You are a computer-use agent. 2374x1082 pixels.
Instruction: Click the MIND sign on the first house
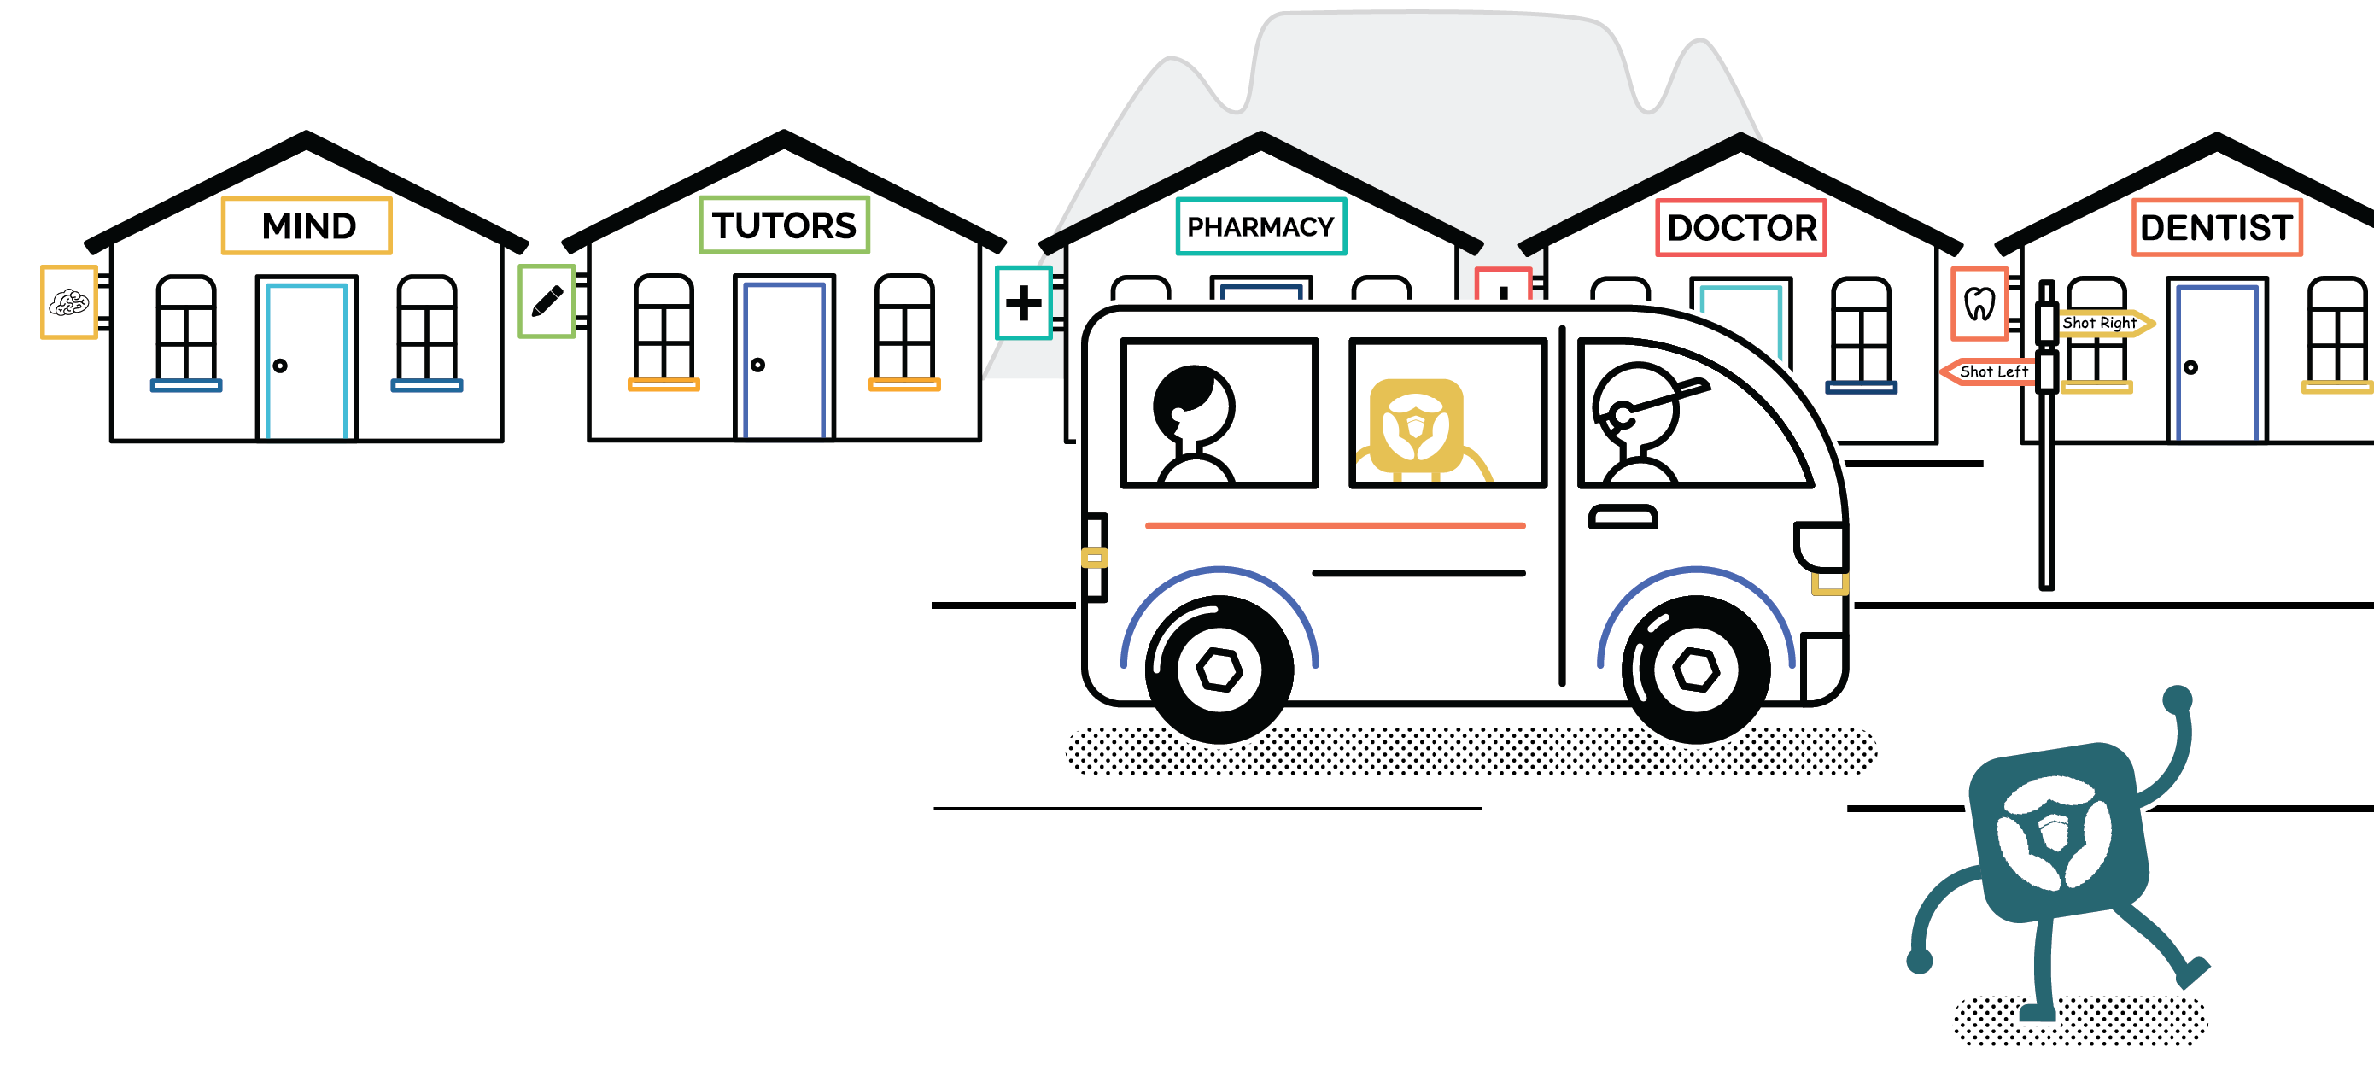(x=307, y=225)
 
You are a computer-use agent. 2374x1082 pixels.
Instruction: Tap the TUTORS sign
(x=783, y=225)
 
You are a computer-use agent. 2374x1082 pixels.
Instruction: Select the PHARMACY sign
(x=1260, y=226)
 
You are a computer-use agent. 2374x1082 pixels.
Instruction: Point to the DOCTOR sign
(x=1741, y=228)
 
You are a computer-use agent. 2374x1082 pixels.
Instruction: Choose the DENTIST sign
(x=2215, y=228)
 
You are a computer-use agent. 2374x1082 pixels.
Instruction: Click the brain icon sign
(x=69, y=302)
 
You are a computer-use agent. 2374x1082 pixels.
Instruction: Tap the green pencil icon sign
(x=547, y=301)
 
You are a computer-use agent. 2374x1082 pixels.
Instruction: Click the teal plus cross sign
(x=1023, y=303)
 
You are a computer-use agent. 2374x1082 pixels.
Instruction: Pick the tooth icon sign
(x=1979, y=303)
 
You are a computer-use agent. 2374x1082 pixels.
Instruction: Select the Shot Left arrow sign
(x=1991, y=371)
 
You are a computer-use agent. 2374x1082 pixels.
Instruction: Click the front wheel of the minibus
(x=1696, y=670)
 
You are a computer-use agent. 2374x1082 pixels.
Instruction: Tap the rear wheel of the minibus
(x=1219, y=670)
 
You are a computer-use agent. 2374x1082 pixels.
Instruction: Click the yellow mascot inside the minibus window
(x=1417, y=426)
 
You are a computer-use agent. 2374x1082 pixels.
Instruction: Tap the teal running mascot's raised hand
(x=2178, y=699)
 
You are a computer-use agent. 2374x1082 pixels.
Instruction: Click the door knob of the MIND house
(x=280, y=366)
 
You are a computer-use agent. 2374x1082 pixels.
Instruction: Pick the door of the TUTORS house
(x=784, y=360)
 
